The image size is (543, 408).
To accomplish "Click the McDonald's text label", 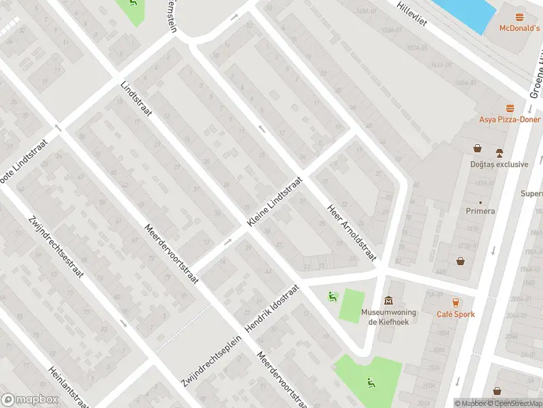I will coord(519,29).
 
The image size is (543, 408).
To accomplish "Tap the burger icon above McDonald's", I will coord(520,16).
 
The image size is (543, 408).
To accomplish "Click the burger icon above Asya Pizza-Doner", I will coord(509,108).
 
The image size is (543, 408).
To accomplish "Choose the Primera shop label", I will coord(481,211).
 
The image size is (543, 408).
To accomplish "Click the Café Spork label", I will coord(455,314).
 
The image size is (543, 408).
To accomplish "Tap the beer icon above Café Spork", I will coord(455,303).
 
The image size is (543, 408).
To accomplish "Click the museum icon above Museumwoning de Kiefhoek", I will coord(389,300).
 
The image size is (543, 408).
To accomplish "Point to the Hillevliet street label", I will coord(416,14).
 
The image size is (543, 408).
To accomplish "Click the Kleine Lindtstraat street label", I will coord(274,203).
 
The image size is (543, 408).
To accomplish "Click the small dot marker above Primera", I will coord(481,202).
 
